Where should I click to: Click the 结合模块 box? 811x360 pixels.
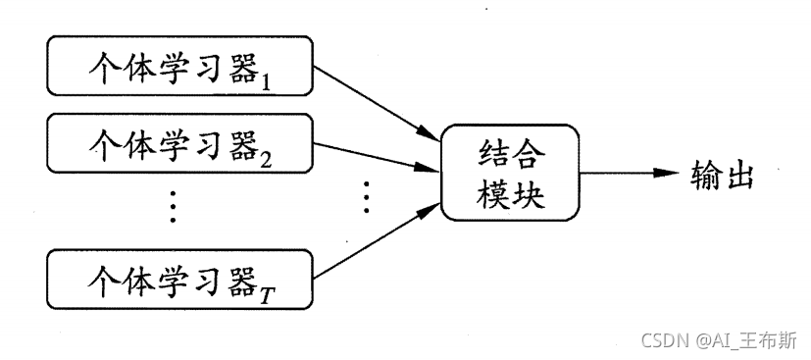coord(509,172)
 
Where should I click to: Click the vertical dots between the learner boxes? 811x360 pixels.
coord(173,207)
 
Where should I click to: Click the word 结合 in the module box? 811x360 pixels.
coord(509,153)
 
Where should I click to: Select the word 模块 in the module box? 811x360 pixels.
coord(509,191)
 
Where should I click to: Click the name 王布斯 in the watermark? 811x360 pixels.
coord(771,339)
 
